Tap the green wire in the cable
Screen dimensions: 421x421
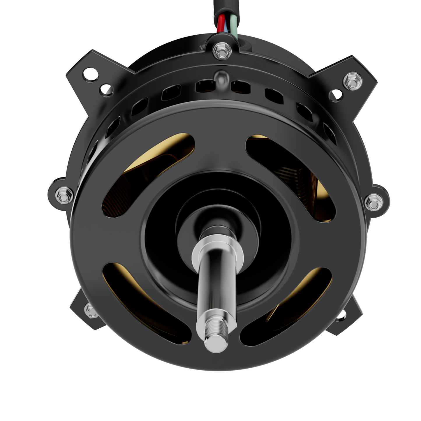click(x=234, y=25)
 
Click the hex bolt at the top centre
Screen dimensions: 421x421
click(x=222, y=51)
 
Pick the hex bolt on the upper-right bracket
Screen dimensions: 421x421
click(x=352, y=81)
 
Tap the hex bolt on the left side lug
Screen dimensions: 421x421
click(x=64, y=195)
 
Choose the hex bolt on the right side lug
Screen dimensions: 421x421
click(x=373, y=202)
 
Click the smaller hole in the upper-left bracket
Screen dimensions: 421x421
click(x=106, y=90)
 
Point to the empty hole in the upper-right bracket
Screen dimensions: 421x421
click(x=336, y=95)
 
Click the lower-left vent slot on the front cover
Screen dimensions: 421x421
click(x=146, y=303)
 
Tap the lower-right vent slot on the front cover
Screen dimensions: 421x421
click(x=287, y=306)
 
